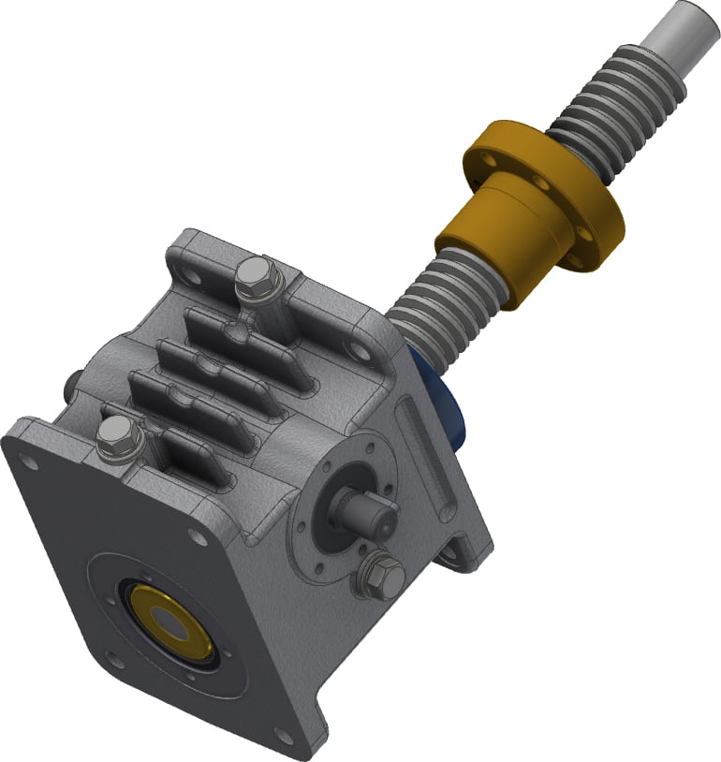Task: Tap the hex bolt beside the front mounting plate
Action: pyautogui.click(x=117, y=436)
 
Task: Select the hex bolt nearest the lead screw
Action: pyautogui.click(x=254, y=277)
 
